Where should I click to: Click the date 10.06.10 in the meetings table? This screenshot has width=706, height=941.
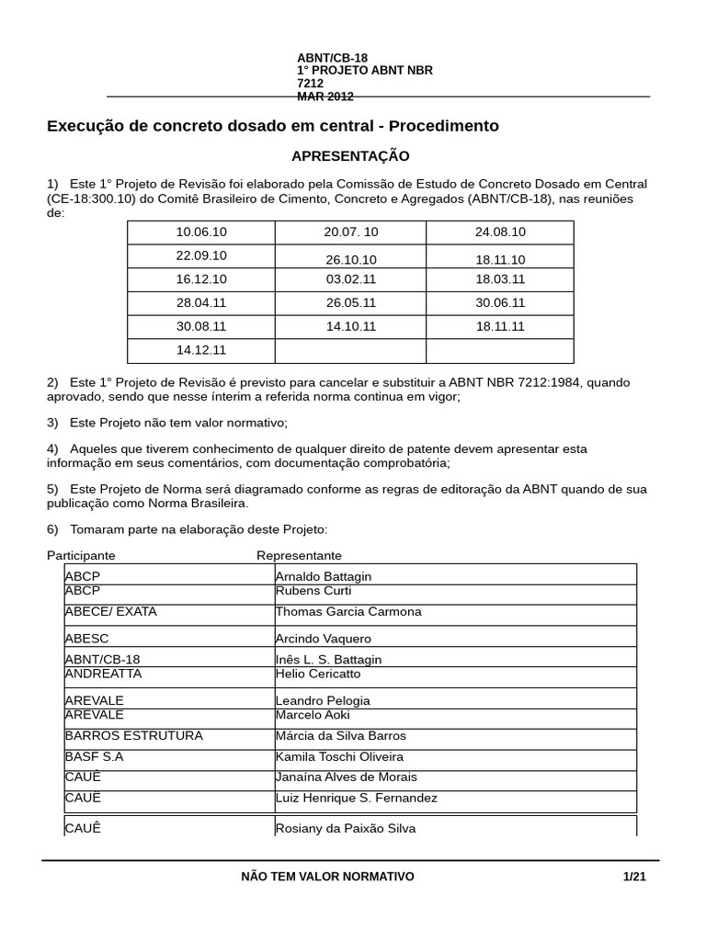pos(201,232)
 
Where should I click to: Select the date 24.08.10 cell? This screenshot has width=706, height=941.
pos(500,232)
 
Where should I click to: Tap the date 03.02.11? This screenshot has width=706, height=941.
pos(350,279)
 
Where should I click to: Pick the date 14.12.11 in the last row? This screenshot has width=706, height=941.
pos(201,350)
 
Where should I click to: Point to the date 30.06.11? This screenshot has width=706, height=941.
pos(500,302)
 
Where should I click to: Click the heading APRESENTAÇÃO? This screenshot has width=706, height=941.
pos(350,156)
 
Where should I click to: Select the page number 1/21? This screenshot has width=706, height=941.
pos(634,877)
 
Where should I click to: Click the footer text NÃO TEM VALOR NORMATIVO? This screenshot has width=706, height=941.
pos(327,877)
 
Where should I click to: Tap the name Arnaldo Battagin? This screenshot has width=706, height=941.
pos(324,577)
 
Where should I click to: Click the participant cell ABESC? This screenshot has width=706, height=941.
pos(87,639)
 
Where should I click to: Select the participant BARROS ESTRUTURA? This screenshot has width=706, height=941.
pos(134,736)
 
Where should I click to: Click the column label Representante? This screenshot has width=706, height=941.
pos(299,556)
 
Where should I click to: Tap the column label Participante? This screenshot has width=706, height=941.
pos(81,556)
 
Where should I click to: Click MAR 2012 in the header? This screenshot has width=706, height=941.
pos(325,96)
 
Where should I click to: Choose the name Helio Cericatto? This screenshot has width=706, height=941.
pos(318,674)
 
